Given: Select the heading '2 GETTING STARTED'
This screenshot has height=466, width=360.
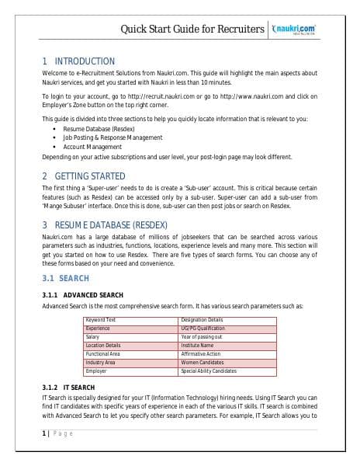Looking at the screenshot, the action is coord(84,176).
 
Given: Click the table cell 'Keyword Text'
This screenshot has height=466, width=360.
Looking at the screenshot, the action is coord(101,320).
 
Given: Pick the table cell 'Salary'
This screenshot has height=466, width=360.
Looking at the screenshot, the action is coord(92,337).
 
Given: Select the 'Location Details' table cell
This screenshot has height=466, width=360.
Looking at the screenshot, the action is coord(103,346).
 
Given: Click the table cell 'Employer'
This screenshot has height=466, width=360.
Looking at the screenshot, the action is coord(96,371).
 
